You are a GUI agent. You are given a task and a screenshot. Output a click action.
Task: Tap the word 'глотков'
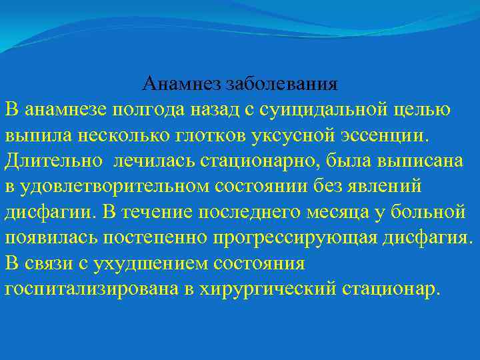(x=211, y=135)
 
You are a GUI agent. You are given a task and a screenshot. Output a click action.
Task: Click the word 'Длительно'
(x=54, y=161)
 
